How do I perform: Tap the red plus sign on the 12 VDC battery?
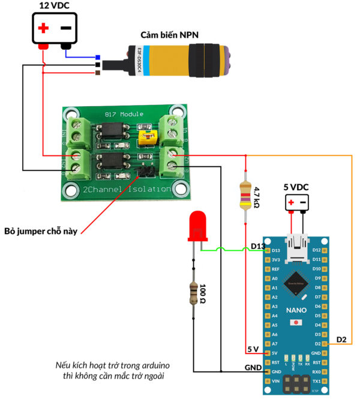[x=43, y=28]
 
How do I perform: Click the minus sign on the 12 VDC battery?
[x=65, y=28]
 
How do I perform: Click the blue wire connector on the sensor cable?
[x=98, y=58]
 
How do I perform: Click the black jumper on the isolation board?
[x=144, y=172]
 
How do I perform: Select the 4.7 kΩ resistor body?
[x=245, y=196]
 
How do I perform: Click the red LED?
[x=197, y=226]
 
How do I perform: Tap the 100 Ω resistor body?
[x=193, y=294]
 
